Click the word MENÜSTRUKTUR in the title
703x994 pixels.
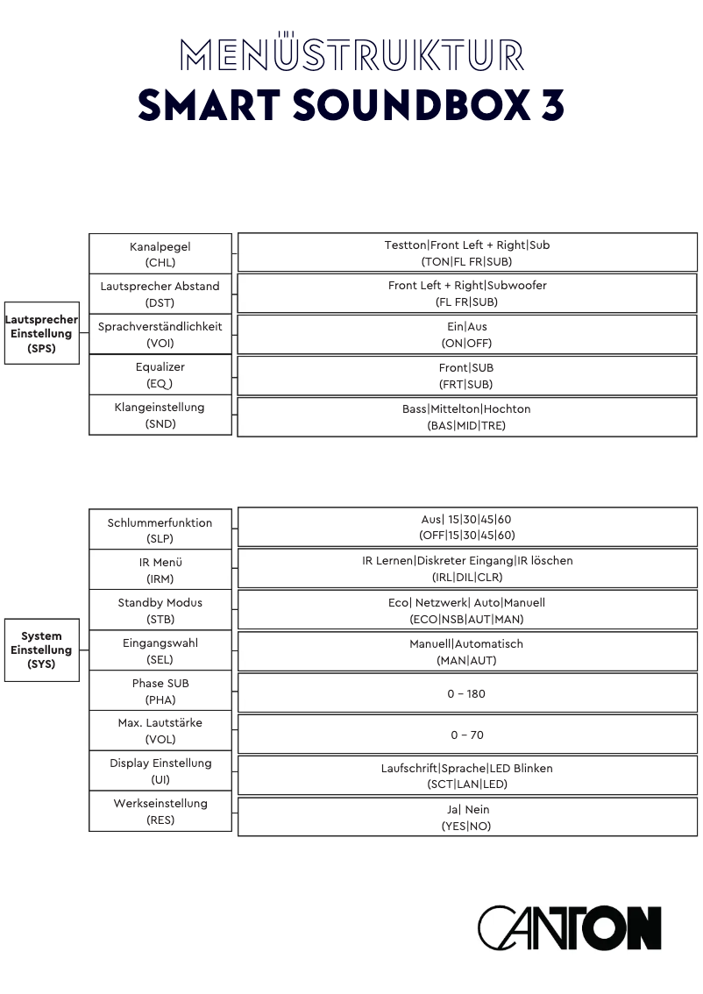click(351, 54)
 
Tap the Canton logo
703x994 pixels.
click(569, 927)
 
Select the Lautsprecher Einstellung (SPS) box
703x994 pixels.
click(41, 333)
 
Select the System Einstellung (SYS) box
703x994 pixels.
click(41, 650)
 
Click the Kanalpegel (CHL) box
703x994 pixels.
click(160, 253)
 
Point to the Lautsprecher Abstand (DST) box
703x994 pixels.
click(160, 294)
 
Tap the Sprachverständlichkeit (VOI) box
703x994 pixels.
click(160, 334)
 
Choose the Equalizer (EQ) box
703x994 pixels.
click(160, 374)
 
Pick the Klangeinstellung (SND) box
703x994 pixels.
click(160, 415)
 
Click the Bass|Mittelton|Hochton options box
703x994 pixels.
click(467, 417)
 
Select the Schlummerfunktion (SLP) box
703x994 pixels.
click(160, 529)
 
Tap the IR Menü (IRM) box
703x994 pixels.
click(160, 570)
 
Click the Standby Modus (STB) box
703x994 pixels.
click(160, 610)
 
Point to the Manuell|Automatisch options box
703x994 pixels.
click(467, 651)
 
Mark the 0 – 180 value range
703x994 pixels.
click(467, 693)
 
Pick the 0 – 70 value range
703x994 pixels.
click(467, 735)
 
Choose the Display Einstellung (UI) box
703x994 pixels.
click(160, 770)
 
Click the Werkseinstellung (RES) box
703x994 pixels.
click(160, 811)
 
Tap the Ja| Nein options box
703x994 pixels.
click(467, 817)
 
